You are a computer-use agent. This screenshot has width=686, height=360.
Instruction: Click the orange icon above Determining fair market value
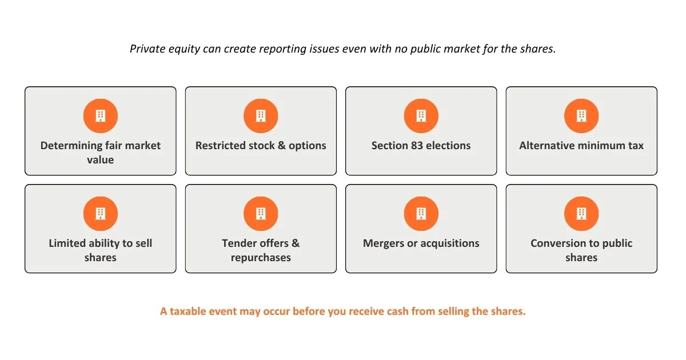tap(101, 115)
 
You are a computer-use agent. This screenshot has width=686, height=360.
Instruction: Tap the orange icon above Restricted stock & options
tap(261, 115)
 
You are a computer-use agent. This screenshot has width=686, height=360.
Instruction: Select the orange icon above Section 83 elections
tap(421, 115)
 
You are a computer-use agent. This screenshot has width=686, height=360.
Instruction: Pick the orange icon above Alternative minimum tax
tap(581, 115)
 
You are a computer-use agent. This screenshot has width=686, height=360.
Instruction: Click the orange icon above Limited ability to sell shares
tap(101, 213)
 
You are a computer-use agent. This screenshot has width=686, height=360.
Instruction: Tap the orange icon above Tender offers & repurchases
tap(261, 213)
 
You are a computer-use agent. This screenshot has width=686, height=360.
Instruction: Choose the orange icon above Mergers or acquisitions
tap(421, 213)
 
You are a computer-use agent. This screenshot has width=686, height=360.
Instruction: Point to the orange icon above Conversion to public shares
tap(581, 213)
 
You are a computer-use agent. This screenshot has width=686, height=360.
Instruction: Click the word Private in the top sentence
tap(147, 49)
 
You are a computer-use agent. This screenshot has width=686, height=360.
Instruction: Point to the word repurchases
tap(261, 258)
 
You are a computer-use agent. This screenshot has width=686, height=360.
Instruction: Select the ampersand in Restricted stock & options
tap(281, 145)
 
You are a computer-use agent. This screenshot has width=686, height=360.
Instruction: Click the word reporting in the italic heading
tap(282, 49)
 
